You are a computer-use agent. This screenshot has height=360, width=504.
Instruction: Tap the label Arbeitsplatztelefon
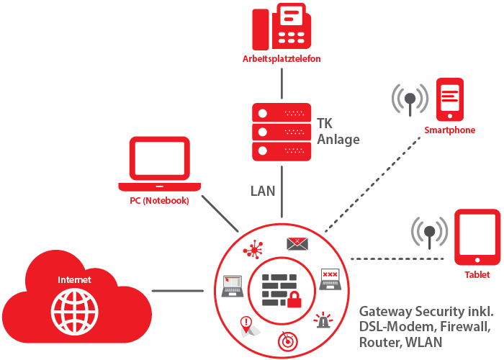pos(282,59)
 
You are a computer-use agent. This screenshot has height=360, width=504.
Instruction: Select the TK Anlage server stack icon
pos(282,132)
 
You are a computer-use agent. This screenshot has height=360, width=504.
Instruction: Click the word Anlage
pos(338,140)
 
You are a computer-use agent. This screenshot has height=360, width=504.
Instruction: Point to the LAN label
pos(263,191)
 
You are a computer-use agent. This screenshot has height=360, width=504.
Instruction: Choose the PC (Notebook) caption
pos(154,201)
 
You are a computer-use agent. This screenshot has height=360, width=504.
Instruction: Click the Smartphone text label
pos(449,130)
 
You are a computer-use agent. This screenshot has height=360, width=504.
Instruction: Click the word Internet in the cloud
pos(75,279)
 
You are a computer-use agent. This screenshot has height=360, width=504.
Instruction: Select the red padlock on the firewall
pos(294,300)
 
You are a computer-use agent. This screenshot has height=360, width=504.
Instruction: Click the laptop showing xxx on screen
pos(330,279)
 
